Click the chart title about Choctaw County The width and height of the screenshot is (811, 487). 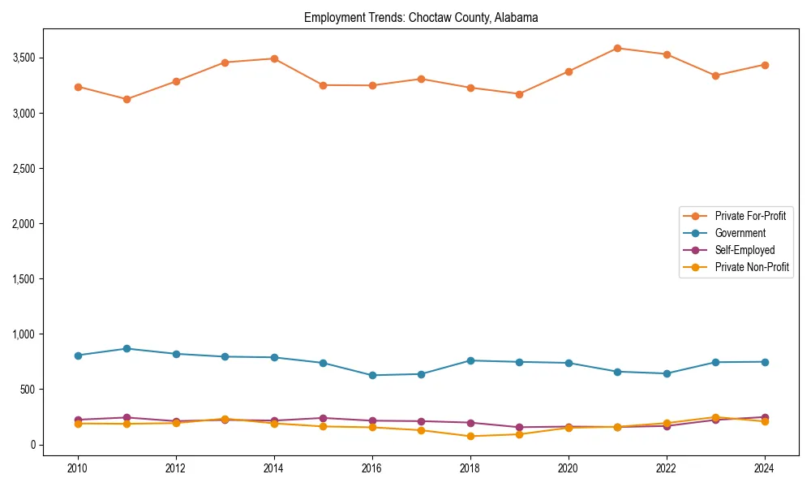(421, 17)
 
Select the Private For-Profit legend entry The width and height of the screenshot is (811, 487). (750, 216)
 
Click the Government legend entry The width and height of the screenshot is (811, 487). (740, 233)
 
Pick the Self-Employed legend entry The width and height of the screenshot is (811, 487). (744, 250)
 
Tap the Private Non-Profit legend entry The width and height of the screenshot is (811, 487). (752, 267)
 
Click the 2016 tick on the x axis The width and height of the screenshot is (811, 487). (371, 468)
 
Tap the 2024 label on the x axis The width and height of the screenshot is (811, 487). (764, 468)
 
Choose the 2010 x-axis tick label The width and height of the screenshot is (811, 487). (78, 468)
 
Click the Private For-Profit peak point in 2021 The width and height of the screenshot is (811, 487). (617, 48)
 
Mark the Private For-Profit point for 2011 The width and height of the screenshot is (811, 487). (127, 99)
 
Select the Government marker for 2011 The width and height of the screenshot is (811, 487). (127, 348)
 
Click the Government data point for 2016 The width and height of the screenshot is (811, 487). (372, 375)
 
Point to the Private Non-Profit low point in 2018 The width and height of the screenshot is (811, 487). (470, 436)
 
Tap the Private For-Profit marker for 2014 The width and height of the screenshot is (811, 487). (274, 58)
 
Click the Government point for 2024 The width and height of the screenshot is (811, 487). (764, 362)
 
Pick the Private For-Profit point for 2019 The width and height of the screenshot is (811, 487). (519, 94)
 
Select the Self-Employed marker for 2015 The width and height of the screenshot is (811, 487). (323, 418)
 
